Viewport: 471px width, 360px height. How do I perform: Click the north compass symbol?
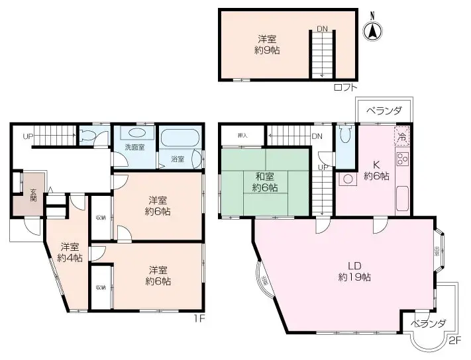(x=373, y=30)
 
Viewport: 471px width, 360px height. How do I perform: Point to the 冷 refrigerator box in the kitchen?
(x=401, y=138)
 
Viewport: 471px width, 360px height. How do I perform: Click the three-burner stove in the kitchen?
(x=402, y=159)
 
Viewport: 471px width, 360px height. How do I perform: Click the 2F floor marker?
(x=453, y=341)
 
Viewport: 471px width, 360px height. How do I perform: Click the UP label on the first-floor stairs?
(x=27, y=137)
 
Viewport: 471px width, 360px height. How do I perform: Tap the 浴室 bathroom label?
(x=177, y=159)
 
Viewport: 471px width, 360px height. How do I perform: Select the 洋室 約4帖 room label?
(x=69, y=252)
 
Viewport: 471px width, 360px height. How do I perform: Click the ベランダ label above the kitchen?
(x=384, y=111)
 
